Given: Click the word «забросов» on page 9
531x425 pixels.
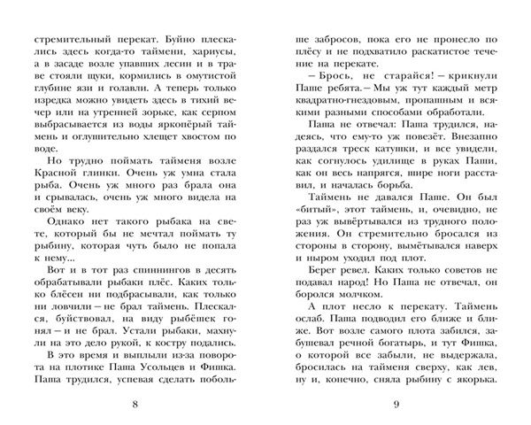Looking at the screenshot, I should [337, 42].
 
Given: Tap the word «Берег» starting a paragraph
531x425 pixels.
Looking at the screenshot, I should [315, 297].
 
